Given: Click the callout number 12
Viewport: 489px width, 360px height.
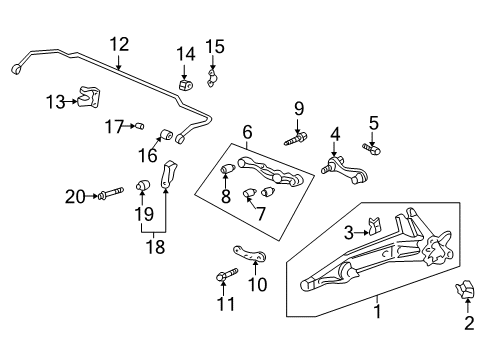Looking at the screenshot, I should coord(119,43).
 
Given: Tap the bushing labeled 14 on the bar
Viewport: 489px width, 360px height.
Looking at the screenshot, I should coord(185,82).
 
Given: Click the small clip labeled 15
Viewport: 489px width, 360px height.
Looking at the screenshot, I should coord(213,77).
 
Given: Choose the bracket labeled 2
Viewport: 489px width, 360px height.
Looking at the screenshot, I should coord(465,292).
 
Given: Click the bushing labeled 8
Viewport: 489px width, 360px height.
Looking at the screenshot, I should coord(228,166).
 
